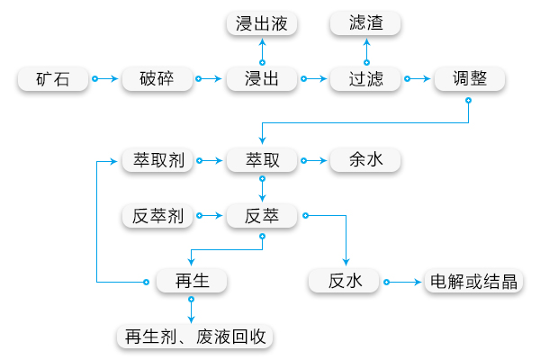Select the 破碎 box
(158, 78)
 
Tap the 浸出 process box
(262, 78)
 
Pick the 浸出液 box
(262, 23)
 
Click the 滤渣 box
(366, 23)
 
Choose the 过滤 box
(366, 78)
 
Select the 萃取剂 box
(157, 161)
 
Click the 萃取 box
(262, 161)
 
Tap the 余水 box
(365, 161)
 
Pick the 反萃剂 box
(157, 215)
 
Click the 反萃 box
(262, 215)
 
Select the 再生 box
(191, 282)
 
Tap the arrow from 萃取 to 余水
(314, 161)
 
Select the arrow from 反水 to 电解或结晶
(404, 282)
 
